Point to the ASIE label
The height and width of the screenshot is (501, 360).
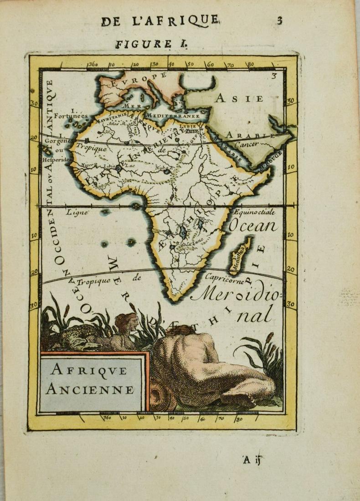click(x=240, y=98)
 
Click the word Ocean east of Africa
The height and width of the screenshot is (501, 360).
click(x=253, y=226)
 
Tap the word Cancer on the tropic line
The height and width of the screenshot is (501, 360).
click(x=247, y=144)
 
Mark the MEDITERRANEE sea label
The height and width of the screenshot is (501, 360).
click(x=173, y=115)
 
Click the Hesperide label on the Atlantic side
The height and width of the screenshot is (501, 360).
click(x=56, y=160)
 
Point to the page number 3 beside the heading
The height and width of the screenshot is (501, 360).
click(x=279, y=20)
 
